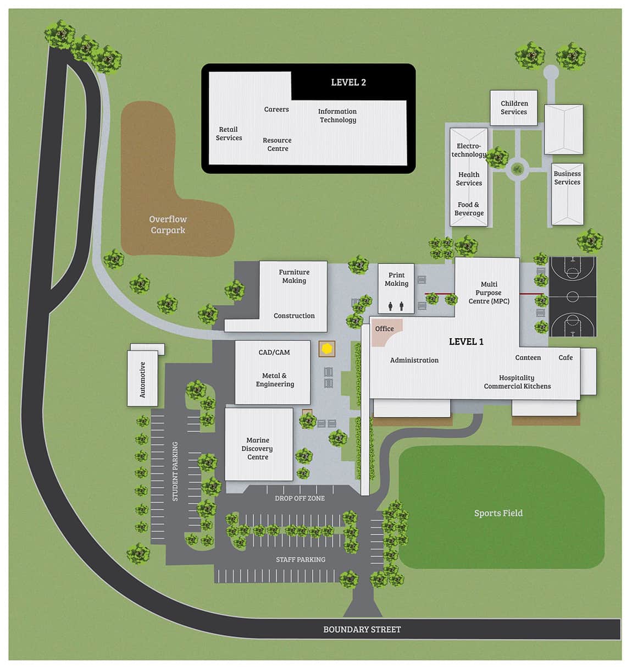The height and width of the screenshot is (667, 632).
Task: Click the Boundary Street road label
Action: [362, 629]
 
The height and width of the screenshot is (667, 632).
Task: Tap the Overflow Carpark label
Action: [168, 224]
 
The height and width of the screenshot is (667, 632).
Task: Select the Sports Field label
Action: [498, 513]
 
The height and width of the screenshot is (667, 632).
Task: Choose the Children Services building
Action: [514, 108]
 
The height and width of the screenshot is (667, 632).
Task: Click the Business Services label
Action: [567, 178]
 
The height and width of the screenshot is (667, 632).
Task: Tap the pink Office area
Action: [385, 330]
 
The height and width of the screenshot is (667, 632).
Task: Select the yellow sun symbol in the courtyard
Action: [327, 348]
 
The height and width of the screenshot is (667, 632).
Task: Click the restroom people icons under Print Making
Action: [396, 306]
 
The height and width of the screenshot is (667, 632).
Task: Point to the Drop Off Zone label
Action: [300, 498]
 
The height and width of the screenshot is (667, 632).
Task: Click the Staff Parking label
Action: [301, 559]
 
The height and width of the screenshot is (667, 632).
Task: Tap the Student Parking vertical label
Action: [175, 471]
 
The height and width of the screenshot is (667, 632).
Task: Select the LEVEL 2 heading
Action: [348, 82]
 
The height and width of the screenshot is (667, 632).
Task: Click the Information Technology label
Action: [337, 115]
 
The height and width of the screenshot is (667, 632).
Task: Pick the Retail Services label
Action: [229, 134]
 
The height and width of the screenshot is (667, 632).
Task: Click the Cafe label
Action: [566, 357]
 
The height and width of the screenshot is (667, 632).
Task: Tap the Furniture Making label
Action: [294, 276]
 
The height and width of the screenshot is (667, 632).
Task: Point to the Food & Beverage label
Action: [469, 209]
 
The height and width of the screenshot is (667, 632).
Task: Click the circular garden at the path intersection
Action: [517, 169]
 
